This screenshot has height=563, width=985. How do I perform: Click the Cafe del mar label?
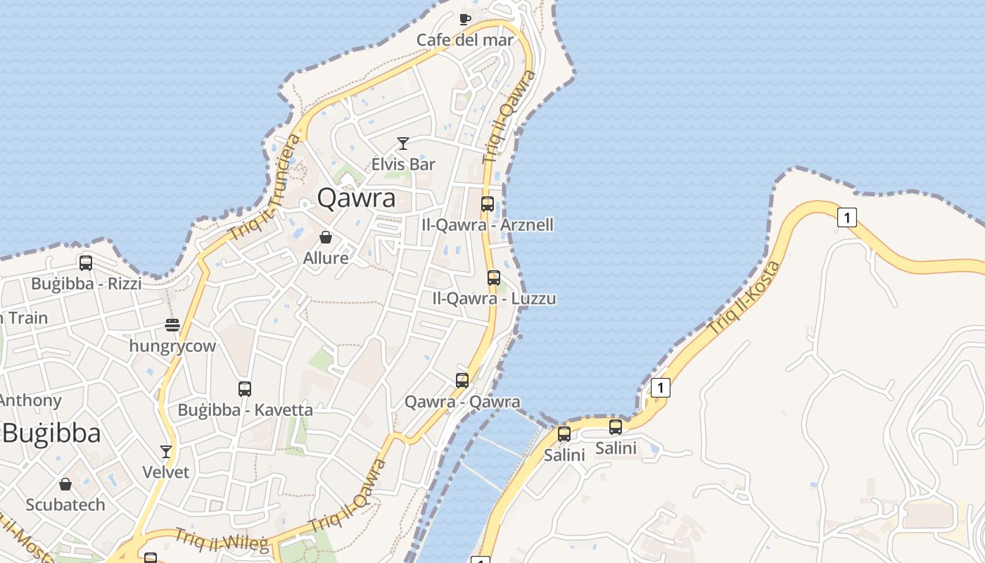[x=465, y=39]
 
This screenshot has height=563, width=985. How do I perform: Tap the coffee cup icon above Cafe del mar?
[x=464, y=19]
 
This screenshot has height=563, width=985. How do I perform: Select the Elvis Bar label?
[x=403, y=165]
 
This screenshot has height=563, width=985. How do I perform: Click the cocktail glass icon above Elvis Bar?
[x=403, y=144]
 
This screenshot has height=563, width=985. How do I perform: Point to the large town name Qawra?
[x=356, y=198]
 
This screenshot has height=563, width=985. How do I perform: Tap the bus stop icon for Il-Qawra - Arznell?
[x=488, y=204]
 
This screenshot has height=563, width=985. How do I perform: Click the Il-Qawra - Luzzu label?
[x=494, y=298]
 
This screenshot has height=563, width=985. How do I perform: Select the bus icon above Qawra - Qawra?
[x=462, y=381]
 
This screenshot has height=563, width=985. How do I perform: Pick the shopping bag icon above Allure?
[x=326, y=237]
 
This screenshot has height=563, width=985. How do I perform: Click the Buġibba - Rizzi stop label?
[x=86, y=284]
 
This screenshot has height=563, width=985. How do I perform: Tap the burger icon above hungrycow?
[x=172, y=325]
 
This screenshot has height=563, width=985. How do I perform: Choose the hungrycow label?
[x=172, y=346]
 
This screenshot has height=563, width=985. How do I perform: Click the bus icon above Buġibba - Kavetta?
[x=245, y=388]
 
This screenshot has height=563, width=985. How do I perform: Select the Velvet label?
[x=166, y=472]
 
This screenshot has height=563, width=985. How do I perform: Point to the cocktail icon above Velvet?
[x=166, y=451]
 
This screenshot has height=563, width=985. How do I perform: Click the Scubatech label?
[x=65, y=505]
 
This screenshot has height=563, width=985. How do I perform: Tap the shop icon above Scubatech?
[x=65, y=484]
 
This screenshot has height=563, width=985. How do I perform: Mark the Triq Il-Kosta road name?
[x=744, y=298]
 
